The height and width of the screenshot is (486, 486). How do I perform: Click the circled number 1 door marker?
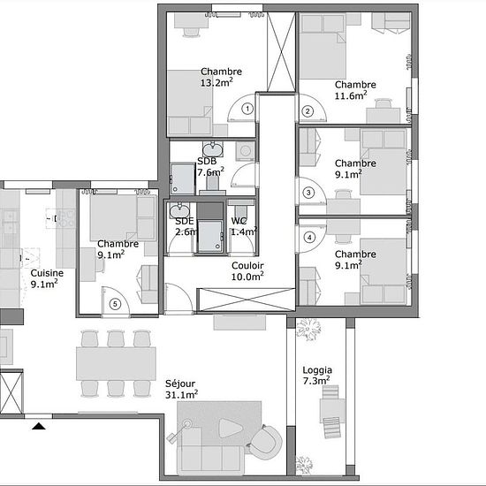pyautogui.click(x=247, y=109)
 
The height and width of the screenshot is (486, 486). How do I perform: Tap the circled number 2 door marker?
pyautogui.click(x=308, y=111)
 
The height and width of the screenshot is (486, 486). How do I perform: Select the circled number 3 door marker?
pyautogui.click(x=308, y=193)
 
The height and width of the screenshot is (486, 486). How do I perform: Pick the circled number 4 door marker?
pyautogui.click(x=309, y=238)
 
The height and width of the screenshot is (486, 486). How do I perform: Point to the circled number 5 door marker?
pyautogui.click(x=115, y=304)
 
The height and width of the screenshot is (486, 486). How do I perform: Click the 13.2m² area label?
pyautogui.click(x=216, y=82)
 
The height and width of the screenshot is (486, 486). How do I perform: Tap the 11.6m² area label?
pyautogui.click(x=351, y=95)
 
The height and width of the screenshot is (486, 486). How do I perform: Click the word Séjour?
pyautogui.click(x=180, y=383)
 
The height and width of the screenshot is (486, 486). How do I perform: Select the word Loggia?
pyautogui.click(x=317, y=370)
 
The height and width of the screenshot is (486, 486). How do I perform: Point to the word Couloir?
pyautogui.click(x=247, y=266)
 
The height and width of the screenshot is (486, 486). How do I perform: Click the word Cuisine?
pyautogui.click(x=47, y=273)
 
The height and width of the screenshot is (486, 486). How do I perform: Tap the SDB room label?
pyautogui.click(x=207, y=161)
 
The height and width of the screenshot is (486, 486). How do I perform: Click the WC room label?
pyautogui.click(x=239, y=221)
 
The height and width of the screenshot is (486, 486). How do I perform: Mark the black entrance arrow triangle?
pyautogui.click(x=39, y=426)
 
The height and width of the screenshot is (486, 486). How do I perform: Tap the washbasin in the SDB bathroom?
pyautogui.click(x=213, y=149)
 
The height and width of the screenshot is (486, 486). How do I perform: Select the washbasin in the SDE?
pyautogui.click(x=179, y=210)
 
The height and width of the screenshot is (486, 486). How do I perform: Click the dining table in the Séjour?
pyautogui.click(x=116, y=364)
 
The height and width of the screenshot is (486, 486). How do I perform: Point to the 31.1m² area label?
pyautogui.click(x=182, y=395)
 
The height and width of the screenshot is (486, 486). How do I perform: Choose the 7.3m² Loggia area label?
pyautogui.click(x=316, y=381)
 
